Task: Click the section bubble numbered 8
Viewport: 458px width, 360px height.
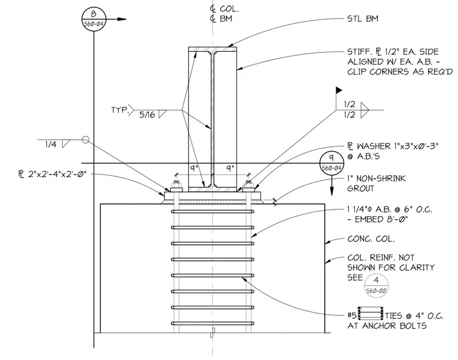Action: click(x=94, y=19)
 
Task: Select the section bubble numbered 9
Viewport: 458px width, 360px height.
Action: click(x=331, y=163)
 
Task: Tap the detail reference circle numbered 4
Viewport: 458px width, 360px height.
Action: click(x=376, y=285)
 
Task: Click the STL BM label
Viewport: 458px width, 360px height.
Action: click(x=363, y=19)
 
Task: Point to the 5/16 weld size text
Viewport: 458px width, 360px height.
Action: click(x=147, y=114)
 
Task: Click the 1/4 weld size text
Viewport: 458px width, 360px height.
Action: click(x=51, y=144)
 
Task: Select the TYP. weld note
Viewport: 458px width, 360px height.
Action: click(x=120, y=110)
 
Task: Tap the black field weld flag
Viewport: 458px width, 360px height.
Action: click(x=339, y=90)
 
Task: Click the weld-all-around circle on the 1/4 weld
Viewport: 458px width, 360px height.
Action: click(x=85, y=140)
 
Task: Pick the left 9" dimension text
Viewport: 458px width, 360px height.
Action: click(x=194, y=169)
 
